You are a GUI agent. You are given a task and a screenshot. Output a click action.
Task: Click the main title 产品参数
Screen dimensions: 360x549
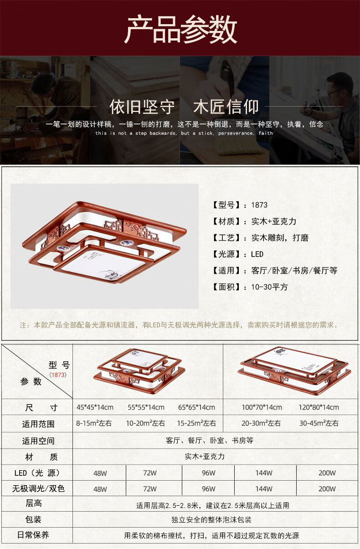(181, 29)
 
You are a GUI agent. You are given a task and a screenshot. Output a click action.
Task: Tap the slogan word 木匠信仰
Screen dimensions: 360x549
(226, 107)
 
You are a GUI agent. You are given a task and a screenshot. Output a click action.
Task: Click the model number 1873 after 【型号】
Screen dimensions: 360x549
(259, 205)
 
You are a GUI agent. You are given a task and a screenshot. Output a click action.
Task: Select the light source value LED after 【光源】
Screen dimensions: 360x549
(257, 254)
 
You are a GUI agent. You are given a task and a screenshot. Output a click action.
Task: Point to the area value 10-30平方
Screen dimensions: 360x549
(269, 287)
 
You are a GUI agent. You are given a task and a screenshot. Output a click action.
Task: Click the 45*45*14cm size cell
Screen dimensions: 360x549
(95, 407)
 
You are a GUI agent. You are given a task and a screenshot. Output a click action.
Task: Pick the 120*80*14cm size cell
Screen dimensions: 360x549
(319, 407)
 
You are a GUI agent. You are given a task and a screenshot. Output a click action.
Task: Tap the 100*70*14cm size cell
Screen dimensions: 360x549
(262, 407)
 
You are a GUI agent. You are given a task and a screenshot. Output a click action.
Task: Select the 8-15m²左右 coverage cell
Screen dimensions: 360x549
(94, 423)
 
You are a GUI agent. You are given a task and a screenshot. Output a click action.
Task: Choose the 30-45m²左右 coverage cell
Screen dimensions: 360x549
(319, 423)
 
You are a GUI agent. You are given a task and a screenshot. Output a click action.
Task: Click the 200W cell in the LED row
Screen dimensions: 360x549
(327, 473)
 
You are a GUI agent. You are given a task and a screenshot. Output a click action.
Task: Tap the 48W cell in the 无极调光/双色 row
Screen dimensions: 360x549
(100, 489)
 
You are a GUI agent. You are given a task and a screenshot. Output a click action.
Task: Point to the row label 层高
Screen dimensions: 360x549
(34, 503)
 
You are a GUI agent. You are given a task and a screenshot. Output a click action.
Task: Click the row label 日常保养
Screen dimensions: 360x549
(33, 535)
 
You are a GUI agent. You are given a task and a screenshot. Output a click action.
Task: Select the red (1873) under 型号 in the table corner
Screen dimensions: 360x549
(58, 375)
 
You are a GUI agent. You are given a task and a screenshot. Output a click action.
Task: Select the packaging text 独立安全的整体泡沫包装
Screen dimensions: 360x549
(211, 519)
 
